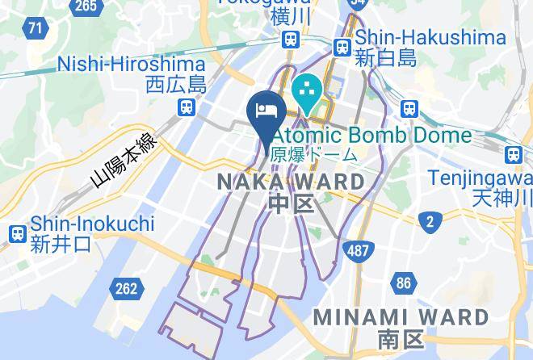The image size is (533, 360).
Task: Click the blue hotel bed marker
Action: (266, 109)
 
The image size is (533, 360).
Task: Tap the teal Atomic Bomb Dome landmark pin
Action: (308, 94)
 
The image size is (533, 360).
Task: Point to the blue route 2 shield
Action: (430, 220)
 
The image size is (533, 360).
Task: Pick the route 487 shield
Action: (357, 250)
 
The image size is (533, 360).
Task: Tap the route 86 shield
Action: (403, 283)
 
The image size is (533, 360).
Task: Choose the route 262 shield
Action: (127, 288)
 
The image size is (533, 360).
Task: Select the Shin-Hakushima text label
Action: (430, 37)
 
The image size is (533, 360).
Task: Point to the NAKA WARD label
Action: (291, 182)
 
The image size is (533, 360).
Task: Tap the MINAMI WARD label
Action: (389, 316)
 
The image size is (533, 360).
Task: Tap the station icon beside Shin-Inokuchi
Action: (16, 234)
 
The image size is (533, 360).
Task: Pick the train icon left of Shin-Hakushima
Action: (342, 46)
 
